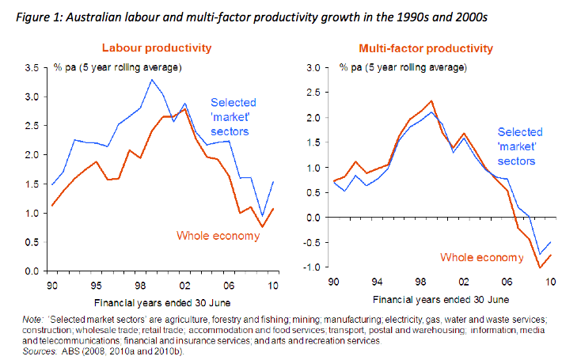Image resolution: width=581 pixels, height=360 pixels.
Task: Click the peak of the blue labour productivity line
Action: click(153, 79)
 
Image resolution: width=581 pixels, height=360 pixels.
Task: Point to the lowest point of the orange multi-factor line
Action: click(540, 267)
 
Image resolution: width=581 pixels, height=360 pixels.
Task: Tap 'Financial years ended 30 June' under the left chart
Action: click(162, 302)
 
